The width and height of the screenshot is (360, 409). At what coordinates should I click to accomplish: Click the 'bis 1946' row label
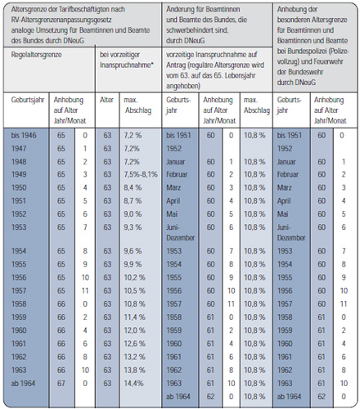coord(24,136)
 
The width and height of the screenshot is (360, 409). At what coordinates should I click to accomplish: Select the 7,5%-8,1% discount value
coord(141,174)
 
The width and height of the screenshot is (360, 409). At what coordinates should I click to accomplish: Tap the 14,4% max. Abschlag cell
coord(133,384)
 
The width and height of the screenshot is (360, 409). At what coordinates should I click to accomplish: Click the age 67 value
coord(61,384)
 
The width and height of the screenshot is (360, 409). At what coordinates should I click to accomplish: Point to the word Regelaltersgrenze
coord(36,55)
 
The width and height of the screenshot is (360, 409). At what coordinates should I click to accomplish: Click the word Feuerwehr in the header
coord(331,61)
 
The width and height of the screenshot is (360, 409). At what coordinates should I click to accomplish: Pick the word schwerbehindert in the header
coord(187,30)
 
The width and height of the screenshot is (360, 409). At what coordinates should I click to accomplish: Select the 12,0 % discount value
coord(134,330)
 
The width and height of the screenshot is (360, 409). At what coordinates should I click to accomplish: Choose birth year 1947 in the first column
coord(19,149)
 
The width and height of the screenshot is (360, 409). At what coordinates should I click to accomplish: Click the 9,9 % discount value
coord(133,264)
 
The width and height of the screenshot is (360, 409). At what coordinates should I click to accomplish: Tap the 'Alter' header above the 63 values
coord(106,100)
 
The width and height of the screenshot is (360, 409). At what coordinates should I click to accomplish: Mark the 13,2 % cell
coord(134,357)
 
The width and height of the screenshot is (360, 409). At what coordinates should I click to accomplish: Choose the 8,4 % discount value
coord(133,188)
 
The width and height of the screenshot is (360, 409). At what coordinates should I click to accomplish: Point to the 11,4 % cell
coord(134,317)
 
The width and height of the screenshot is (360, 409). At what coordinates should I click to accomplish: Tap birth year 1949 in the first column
coord(19,174)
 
